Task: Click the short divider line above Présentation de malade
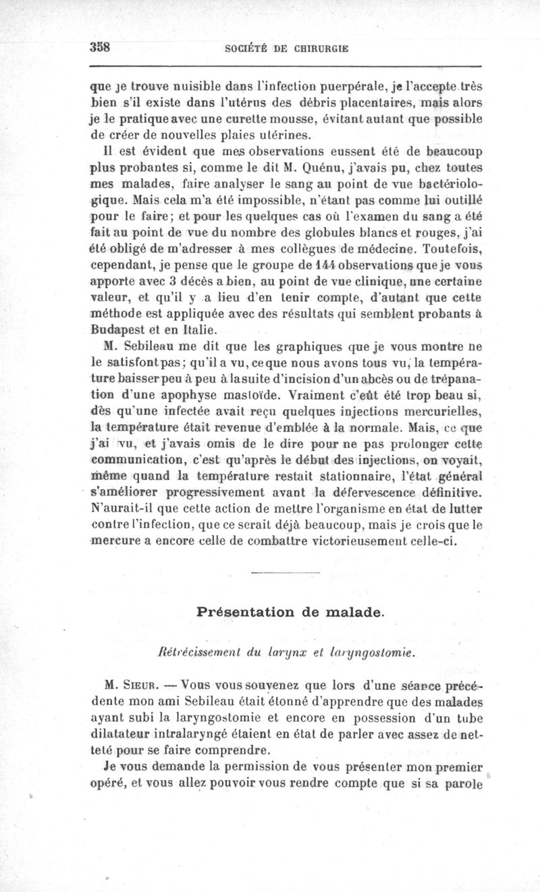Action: [x=283, y=573]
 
